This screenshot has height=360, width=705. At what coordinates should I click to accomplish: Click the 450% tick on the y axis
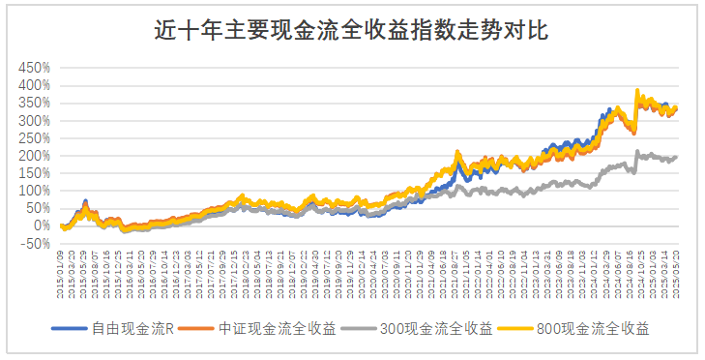coord(33,69)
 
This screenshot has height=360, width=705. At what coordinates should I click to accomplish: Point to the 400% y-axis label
coord(33,86)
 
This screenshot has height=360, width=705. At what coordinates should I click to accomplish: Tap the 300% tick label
coord(33,121)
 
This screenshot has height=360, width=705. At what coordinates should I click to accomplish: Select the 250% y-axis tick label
coord(33,138)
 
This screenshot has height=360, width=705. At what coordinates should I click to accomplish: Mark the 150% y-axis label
coord(33,173)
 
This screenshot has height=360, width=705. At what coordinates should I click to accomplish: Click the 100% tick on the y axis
coord(33,191)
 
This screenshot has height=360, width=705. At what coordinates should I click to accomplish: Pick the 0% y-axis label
coord(40,226)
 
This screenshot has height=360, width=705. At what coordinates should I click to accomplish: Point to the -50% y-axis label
coord(35,244)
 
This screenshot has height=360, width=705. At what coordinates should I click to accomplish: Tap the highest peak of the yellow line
coord(636,90)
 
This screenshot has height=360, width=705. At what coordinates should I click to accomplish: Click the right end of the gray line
coord(676,157)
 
